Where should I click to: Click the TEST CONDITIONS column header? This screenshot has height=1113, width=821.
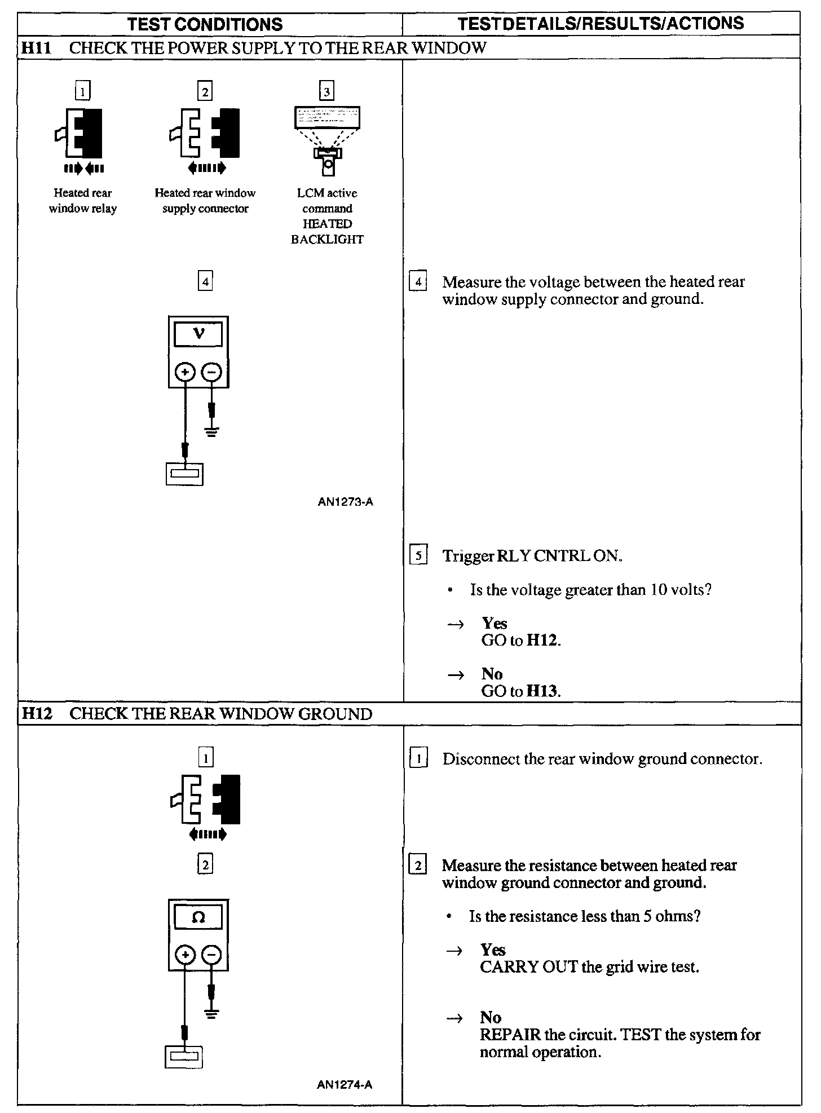pos(205,24)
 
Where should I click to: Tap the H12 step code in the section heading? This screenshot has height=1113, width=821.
pos(36,714)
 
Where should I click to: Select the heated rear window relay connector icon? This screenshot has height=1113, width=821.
pos(80,133)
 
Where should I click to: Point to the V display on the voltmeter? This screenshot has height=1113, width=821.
pos(198,334)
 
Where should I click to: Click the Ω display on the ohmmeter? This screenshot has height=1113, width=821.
pos(198,917)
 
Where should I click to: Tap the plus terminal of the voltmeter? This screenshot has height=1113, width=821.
pos(185,372)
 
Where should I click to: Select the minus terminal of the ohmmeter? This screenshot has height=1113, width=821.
pos(211,955)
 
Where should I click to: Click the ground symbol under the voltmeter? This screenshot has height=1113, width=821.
pos(212,432)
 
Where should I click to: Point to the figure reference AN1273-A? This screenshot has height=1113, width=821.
pos(345,501)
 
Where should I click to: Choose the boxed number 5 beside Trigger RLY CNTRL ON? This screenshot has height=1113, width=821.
pos(418,556)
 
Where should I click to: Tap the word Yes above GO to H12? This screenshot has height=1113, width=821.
pos(495,623)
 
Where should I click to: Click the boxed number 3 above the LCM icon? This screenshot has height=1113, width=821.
pos(326,91)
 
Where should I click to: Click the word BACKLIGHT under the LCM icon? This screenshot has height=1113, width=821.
pos(327,240)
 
